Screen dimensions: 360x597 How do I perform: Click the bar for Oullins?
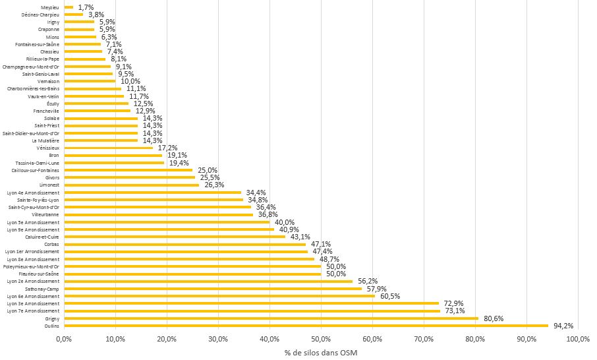coord(306,325)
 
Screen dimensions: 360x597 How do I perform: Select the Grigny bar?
coord(271,318)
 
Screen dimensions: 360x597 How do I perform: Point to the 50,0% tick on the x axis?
coord(321,340)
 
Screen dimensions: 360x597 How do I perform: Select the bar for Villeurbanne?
coord(158,214)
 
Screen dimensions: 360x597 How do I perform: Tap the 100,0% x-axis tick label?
coord(578,340)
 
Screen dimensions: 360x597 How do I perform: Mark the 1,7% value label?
coord(86,7)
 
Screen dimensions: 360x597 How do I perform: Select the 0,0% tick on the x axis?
coord(64,340)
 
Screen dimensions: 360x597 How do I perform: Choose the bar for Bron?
coord(113,155)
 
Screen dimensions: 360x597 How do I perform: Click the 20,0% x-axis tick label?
coord(167,340)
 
